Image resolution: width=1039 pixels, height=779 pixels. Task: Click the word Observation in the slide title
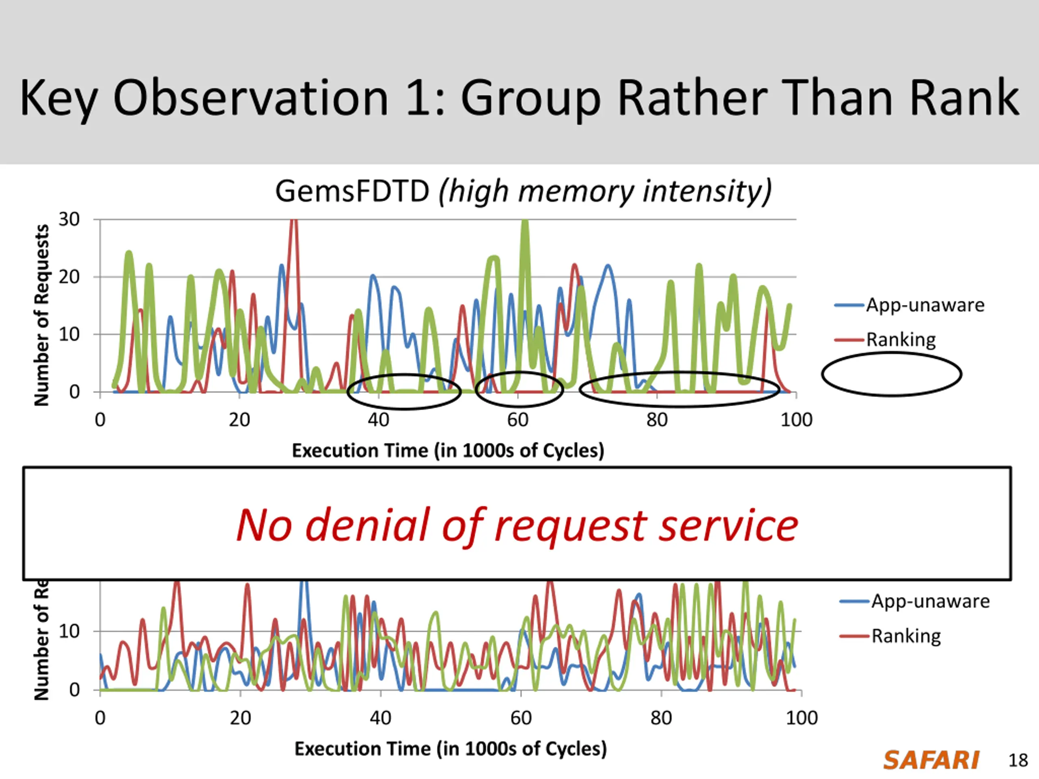pyautogui.click(x=251, y=98)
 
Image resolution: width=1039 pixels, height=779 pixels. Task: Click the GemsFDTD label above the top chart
pyautogui.click(x=352, y=192)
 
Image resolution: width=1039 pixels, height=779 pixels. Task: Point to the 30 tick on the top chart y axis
pyautogui.click(x=69, y=219)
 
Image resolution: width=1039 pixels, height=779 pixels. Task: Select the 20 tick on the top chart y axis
pyautogui.click(x=69, y=277)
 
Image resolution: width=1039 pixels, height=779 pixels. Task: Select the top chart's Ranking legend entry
pyautogui.click(x=901, y=340)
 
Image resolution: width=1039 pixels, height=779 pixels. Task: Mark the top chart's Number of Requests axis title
pyautogui.click(x=41, y=314)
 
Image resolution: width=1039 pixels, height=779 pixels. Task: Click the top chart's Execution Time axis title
pyautogui.click(x=448, y=451)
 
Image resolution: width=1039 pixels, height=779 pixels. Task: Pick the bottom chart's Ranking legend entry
pyautogui.click(x=905, y=636)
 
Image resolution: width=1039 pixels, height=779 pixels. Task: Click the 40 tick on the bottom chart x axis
pyautogui.click(x=380, y=718)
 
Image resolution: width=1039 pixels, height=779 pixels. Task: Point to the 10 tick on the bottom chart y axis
pyautogui.click(x=69, y=632)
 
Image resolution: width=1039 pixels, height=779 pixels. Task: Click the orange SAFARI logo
pyautogui.click(x=931, y=760)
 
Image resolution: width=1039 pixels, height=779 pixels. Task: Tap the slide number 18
pyautogui.click(x=1018, y=760)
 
